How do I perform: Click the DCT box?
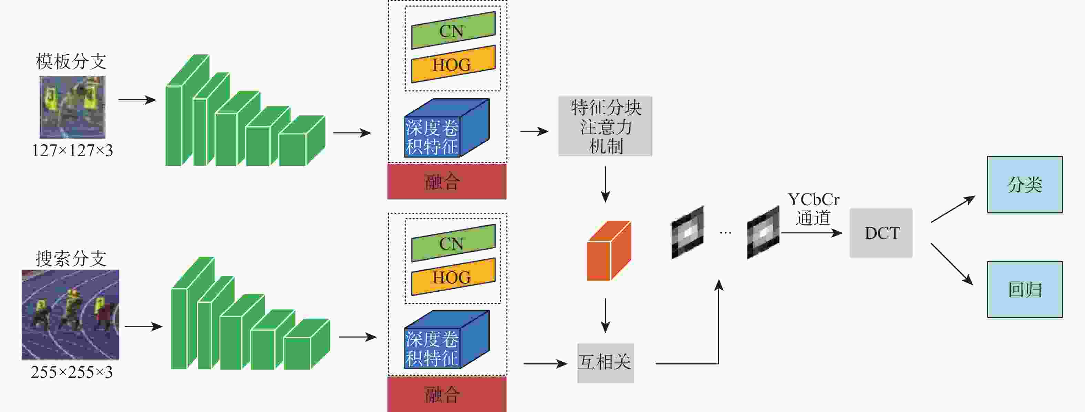(x=881, y=233)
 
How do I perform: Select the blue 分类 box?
(x=1024, y=185)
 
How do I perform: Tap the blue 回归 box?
(x=1024, y=289)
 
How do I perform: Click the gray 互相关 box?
(x=605, y=363)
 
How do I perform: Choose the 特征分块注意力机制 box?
(x=605, y=126)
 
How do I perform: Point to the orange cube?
(x=608, y=251)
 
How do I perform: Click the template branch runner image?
(x=72, y=107)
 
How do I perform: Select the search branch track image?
(x=70, y=314)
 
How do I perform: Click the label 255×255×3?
(x=72, y=372)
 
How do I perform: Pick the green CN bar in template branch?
(x=453, y=30)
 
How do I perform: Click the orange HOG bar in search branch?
(x=453, y=277)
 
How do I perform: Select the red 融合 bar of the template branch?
(x=446, y=182)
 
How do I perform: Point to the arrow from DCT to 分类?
(x=953, y=209)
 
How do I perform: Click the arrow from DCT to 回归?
(x=952, y=263)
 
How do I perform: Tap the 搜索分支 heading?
(x=71, y=259)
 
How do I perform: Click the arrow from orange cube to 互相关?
(x=605, y=315)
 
